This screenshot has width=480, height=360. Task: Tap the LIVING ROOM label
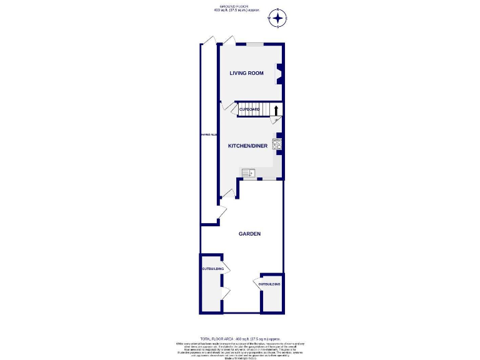(246, 73)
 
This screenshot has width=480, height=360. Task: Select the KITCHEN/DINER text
(247, 146)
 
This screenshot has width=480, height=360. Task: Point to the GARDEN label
(249, 234)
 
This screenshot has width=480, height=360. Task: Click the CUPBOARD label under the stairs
(249, 109)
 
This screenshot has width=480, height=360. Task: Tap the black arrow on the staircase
(276, 111)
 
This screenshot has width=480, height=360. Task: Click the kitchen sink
(249, 172)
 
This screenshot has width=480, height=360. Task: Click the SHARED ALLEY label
(209, 134)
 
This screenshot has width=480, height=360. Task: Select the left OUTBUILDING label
(211, 269)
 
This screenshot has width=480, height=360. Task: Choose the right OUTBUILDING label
(269, 284)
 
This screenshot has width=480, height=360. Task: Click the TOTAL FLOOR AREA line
(240, 338)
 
